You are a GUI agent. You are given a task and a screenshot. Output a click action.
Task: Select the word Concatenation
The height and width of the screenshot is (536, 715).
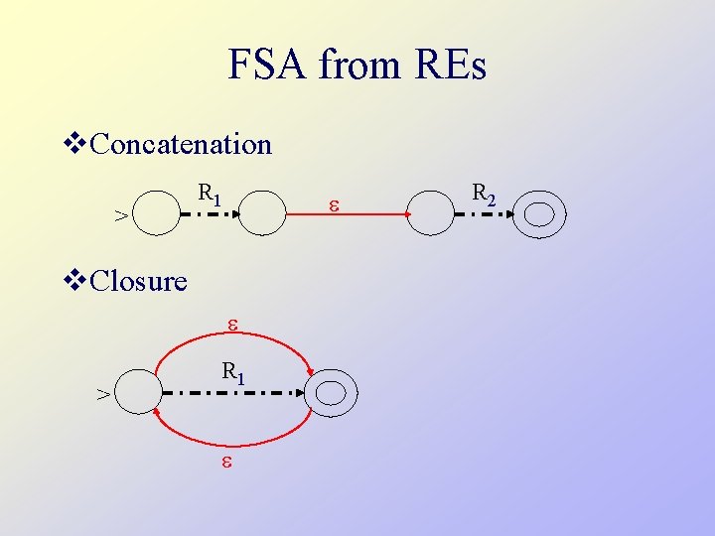[x=181, y=145]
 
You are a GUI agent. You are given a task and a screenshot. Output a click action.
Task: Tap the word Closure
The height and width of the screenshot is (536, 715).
[x=138, y=281]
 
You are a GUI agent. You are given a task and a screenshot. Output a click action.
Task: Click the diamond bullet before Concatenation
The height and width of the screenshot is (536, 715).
[x=75, y=145]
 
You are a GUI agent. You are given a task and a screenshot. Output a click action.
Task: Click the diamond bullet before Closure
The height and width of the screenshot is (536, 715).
[x=75, y=281]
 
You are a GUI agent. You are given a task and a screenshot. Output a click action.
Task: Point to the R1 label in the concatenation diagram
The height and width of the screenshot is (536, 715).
[x=209, y=195]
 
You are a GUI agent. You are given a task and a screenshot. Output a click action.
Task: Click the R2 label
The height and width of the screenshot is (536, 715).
[x=484, y=195]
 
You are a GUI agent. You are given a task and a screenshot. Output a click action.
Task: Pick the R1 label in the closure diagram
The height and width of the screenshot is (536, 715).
[x=233, y=373]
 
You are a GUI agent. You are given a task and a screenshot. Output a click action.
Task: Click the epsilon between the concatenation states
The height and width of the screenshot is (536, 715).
[x=334, y=205]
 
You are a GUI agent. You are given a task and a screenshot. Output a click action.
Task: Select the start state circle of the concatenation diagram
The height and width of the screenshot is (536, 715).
[x=156, y=210]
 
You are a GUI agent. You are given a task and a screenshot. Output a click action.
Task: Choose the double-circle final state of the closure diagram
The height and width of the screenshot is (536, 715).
[x=331, y=393]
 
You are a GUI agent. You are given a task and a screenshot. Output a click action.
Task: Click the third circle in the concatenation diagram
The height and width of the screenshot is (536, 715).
[x=432, y=210]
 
